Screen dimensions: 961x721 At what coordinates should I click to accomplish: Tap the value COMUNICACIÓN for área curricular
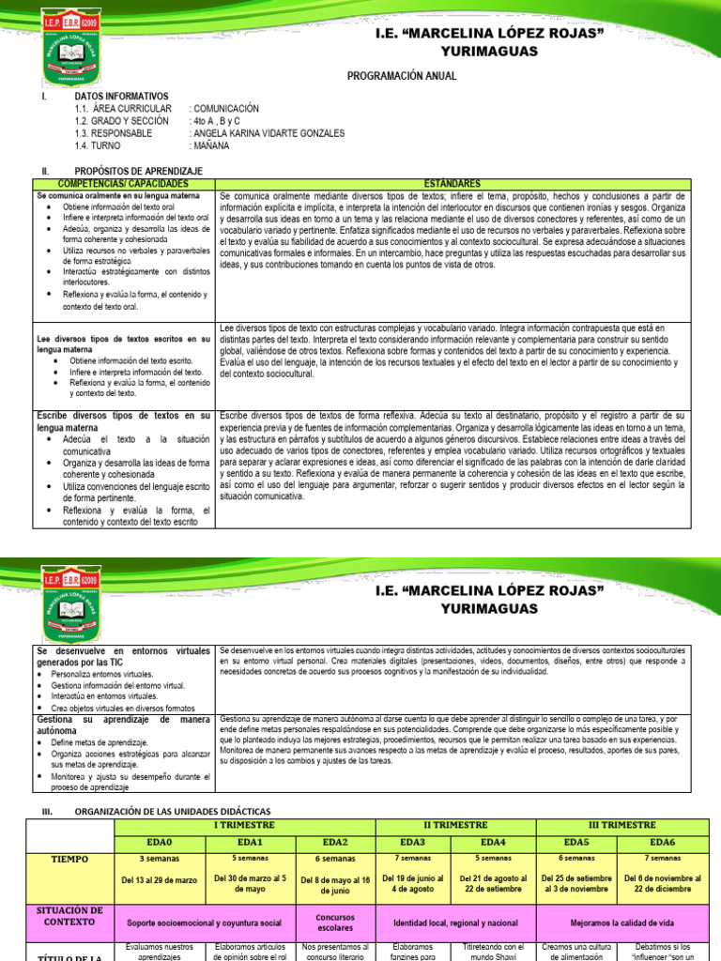pos(224,109)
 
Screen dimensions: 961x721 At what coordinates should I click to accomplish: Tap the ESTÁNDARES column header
pos(452,182)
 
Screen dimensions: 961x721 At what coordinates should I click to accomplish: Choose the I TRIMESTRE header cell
pos(243,824)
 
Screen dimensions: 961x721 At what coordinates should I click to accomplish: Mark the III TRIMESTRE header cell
pos(621,824)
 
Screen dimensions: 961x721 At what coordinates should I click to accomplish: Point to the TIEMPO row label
pos(70,858)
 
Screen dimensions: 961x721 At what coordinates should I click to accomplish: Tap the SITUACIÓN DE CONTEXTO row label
pos(70,917)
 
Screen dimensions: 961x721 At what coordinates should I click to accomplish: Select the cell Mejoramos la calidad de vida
pos(621,923)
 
